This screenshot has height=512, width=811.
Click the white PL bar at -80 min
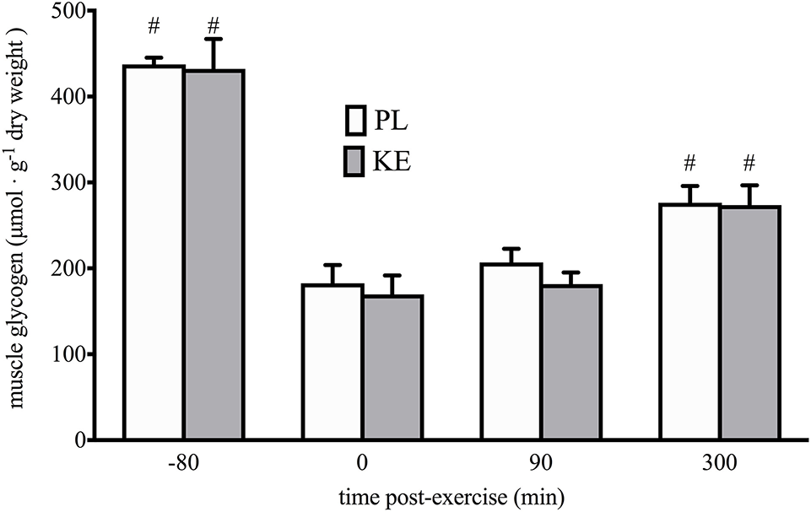(154, 253)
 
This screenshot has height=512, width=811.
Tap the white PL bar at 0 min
(333, 362)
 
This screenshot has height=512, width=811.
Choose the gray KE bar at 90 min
(571, 363)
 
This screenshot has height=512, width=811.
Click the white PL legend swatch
(354, 121)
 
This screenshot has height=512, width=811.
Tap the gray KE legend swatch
(354, 162)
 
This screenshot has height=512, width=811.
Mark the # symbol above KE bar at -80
(214, 27)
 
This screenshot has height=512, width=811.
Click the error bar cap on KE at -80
(214, 39)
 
